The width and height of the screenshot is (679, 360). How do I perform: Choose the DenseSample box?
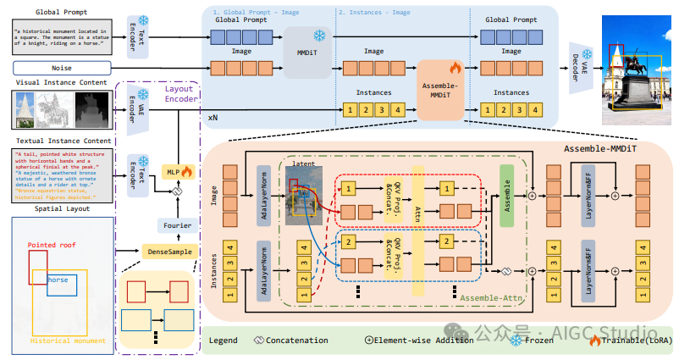pyautogui.click(x=168, y=252)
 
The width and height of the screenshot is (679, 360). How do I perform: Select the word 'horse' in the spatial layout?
pyautogui.click(x=58, y=280)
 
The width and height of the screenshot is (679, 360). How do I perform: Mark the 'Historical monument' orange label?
pyautogui.click(x=68, y=341)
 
